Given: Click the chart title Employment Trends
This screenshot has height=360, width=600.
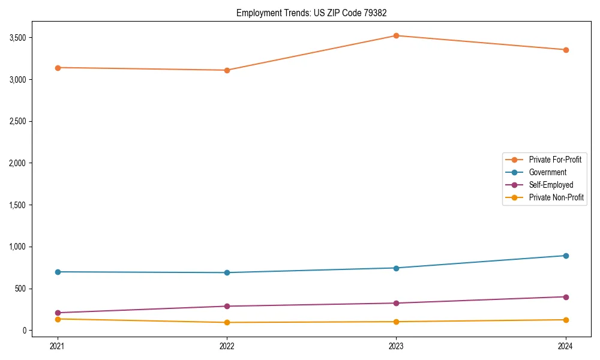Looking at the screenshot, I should pyautogui.click(x=316, y=13).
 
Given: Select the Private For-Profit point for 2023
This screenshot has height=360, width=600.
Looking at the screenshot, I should pyautogui.click(x=397, y=35).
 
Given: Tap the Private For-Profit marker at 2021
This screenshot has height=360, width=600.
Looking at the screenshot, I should pyautogui.click(x=58, y=68).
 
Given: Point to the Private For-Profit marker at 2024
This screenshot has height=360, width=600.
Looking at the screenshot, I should pyautogui.click(x=566, y=50).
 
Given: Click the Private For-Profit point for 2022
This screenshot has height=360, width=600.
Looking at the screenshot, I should pyautogui.click(x=227, y=70).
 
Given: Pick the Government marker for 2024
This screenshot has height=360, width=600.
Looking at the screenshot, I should pyautogui.click(x=566, y=256).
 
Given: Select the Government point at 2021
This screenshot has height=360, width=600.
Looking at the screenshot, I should pyautogui.click(x=58, y=272).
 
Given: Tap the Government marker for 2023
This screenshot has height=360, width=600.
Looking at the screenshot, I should pyautogui.click(x=397, y=268).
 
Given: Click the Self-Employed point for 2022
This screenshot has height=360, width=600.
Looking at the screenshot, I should pyautogui.click(x=227, y=306).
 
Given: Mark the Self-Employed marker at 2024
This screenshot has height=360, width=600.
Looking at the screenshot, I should pyautogui.click(x=566, y=297).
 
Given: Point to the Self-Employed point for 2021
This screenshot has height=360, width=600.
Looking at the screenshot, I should pyautogui.click(x=58, y=313).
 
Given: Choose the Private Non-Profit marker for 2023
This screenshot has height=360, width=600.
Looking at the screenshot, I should pyautogui.click(x=397, y=322).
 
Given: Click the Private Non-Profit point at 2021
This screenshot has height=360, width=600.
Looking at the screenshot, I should pyautogui.click(x=58, y=319).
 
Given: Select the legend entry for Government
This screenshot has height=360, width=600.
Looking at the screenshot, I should pyautogui.click(x=547, y=172).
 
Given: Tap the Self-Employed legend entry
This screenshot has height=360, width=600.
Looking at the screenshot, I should pyautogui.click(x=551, y=185).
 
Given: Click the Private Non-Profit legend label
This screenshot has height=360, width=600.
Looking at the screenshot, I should pyautogui.click(x=556, y=197).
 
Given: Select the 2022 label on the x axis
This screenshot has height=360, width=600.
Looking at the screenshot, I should pyautogui.click(x=227, y=346).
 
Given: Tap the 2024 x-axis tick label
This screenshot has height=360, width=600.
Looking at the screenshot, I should pyautogui.click(x=566, y=346).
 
